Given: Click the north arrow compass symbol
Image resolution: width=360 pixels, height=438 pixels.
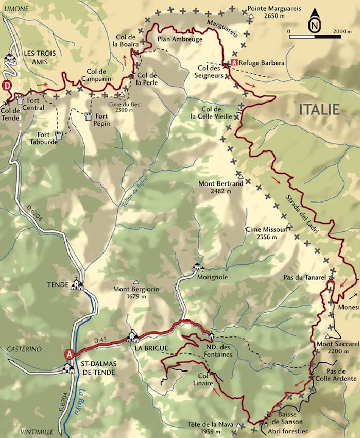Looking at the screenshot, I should coord(314,23).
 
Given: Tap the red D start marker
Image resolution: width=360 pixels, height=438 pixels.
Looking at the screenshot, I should coord(7,85).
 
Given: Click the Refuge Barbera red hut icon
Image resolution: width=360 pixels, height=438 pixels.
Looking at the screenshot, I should coord(234,62).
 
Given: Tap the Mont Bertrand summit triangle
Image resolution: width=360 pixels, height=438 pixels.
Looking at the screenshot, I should coord(240,176).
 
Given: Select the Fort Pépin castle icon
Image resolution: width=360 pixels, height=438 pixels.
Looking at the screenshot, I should coord(88,116).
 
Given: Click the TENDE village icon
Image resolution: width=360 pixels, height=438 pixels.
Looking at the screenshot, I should coord(77,284).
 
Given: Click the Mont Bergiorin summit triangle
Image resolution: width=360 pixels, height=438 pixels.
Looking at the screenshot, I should coord(136,281).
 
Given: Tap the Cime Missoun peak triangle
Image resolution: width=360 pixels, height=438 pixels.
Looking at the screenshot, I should coord(289,225).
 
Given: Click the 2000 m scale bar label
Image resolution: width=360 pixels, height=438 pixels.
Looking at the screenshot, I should coord(342,31).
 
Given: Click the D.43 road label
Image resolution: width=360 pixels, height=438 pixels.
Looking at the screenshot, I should coord(100,341).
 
